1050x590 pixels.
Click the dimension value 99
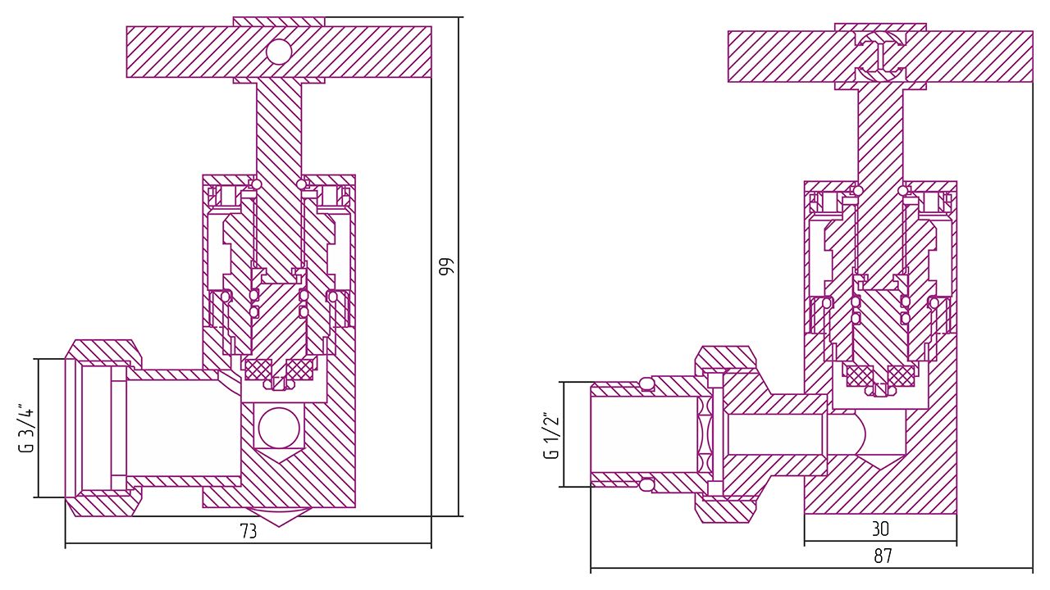point(446,266)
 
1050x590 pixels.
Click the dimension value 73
point(248,531)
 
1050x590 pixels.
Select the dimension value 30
point(880,529)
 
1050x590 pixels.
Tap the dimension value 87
point(883,556)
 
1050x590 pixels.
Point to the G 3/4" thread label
point(26,427)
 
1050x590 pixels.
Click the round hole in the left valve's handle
point(279,52)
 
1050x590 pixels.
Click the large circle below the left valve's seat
point(277,426)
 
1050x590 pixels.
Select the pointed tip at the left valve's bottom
point(279,519)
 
